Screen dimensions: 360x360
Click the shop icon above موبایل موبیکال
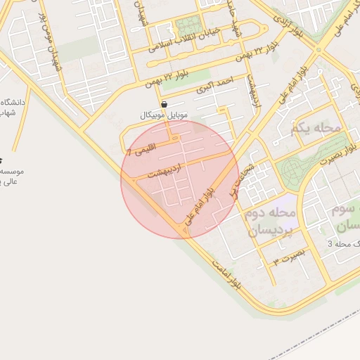164,104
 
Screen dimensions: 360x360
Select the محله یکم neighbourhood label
314,128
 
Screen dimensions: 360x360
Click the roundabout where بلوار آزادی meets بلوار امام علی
319,50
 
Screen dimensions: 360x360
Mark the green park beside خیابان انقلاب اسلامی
188,27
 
